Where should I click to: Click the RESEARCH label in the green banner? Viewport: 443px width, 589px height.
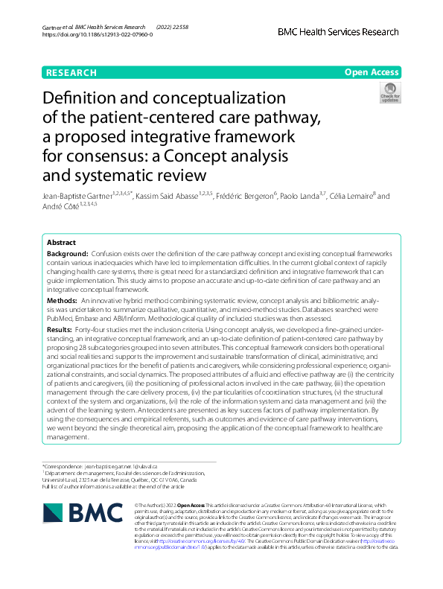click(71, 73)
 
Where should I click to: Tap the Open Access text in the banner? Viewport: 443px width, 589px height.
click(372, 73)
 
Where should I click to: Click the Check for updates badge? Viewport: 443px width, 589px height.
click(389, 95)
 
